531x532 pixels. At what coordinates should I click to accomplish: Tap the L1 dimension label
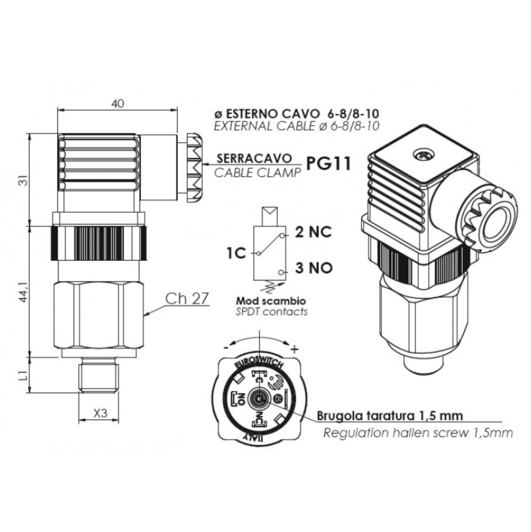pos(22,375)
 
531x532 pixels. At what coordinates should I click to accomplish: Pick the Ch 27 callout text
pos(187,299)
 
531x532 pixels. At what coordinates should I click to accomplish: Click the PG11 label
pos(328,163)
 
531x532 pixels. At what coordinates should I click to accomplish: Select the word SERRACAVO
pos(254,158)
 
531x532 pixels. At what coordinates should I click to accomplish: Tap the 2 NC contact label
pos(313,232)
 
